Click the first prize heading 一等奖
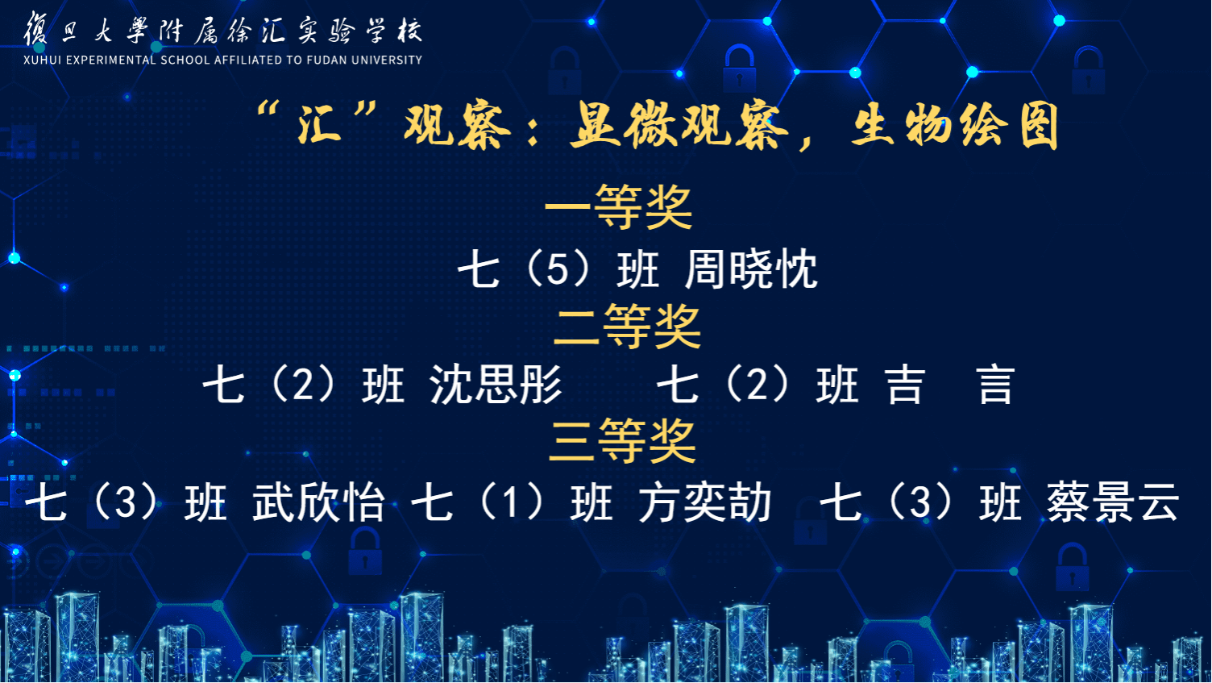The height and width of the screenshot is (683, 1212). pos(618,207)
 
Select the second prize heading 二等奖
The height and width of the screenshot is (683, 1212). pos(627,326)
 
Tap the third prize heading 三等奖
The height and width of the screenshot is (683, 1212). pos(622,441)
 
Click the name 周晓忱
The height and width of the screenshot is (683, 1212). pos(751,269)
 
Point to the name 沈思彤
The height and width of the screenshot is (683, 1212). pos(496,385)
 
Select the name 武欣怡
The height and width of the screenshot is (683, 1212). pos(318,502)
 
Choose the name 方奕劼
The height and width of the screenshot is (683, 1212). pos(704,502)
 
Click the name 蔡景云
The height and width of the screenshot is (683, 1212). pos(1112,502)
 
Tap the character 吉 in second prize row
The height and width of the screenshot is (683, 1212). pos(906,385)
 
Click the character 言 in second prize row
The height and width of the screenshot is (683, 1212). pos(996,385)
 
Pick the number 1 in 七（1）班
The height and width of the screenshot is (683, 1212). pos(510,502)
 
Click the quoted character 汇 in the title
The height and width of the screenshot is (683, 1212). pos(320,124)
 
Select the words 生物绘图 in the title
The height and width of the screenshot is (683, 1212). pos(955,126)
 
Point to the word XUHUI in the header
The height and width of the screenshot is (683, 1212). pos(42,60)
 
